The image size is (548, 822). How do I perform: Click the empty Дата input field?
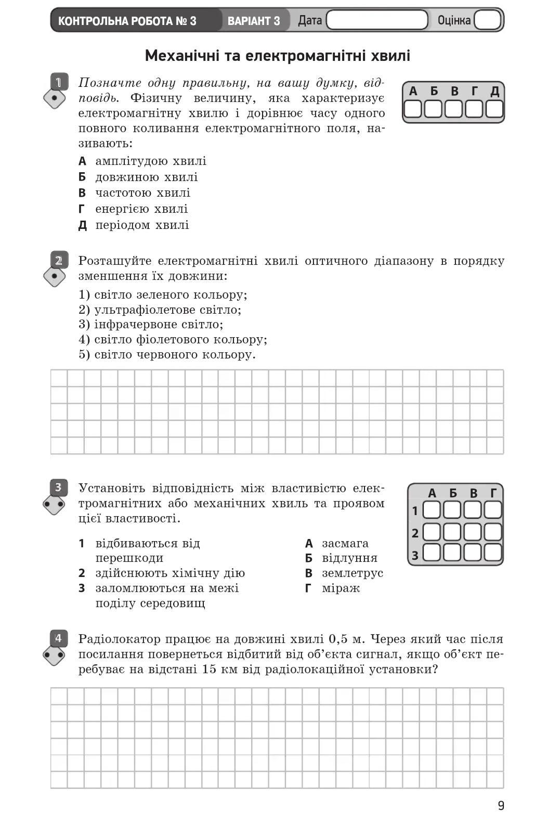point(377,20)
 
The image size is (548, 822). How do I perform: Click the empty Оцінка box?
point(487,20)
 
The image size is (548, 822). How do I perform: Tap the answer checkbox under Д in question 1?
point(494,109)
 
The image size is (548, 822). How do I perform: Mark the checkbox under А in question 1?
point(413,109)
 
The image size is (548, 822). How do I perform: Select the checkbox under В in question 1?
point(453,109)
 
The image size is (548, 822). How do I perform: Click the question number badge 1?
point(59,82)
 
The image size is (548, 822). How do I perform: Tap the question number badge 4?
point(59,638)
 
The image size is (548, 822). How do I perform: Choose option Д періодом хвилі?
point(134,225)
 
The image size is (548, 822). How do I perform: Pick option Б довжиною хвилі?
point(138,177)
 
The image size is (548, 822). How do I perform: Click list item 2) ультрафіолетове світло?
point(160,310)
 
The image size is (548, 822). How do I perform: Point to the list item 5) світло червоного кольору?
point(167,354)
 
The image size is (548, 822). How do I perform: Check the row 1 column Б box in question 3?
point(452,510)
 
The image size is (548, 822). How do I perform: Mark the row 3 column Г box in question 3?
point(492,553)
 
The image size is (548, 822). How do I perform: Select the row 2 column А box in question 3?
point(432,532)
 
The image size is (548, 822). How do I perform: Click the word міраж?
point(341,588)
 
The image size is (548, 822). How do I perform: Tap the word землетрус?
point(352,573)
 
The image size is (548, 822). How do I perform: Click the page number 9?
point(501,805)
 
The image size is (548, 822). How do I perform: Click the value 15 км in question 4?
point(216,669)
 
